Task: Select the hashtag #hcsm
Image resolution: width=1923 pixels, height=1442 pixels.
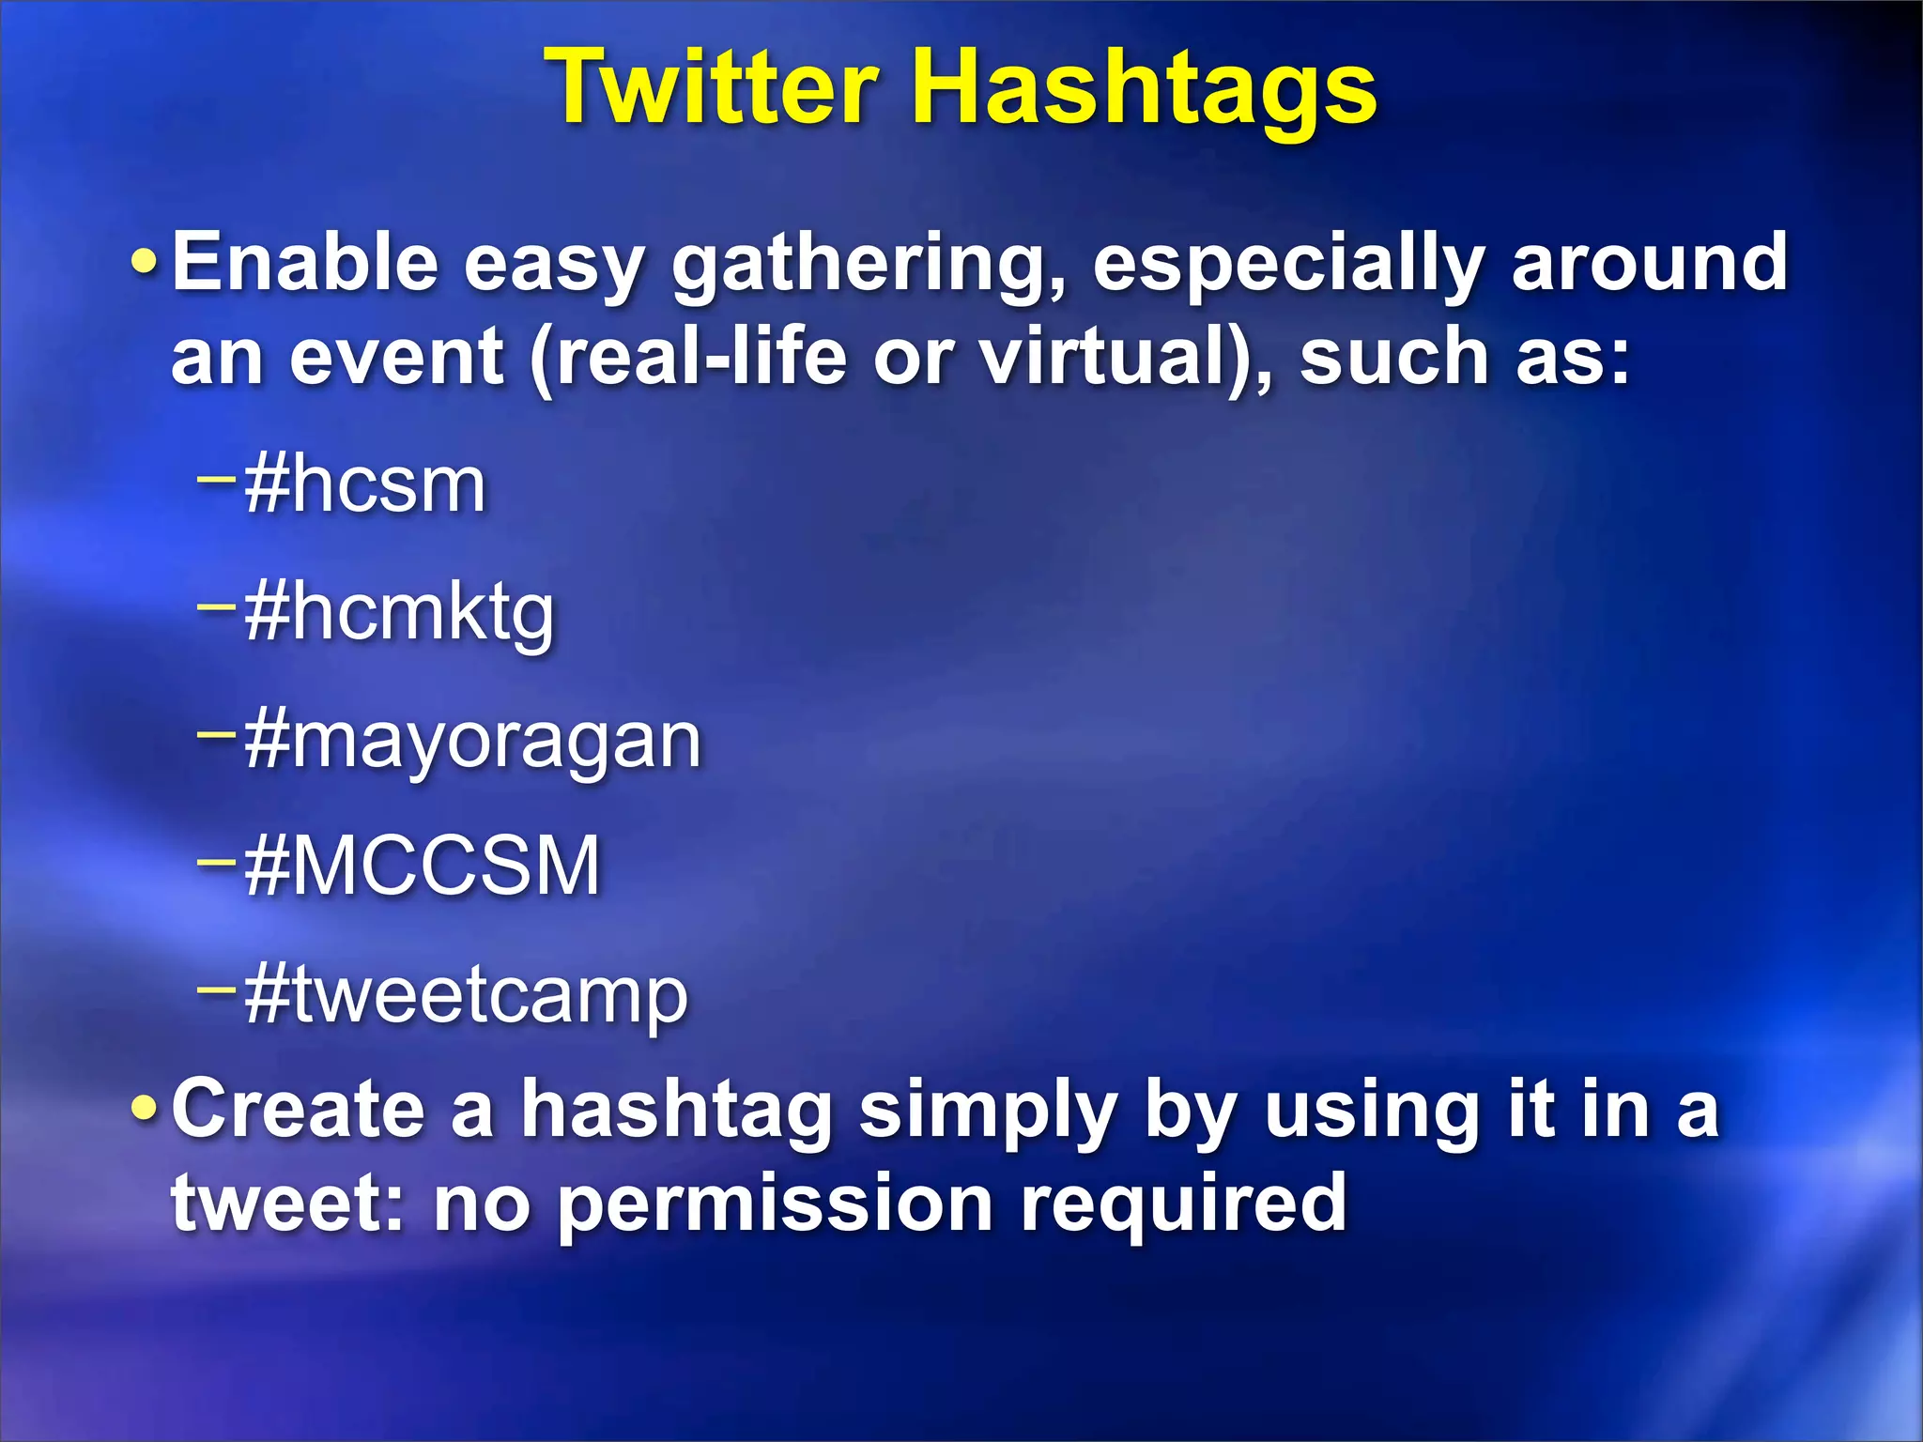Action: pyautogui.click(x=365, y=485)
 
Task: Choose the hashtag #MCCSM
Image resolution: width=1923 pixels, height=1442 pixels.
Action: pyautogui.click(x=422, y=867)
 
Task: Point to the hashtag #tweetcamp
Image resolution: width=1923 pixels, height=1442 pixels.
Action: pyautogui.click(x=466, y=995)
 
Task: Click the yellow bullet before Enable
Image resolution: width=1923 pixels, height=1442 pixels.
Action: pyautogui.click(x=145, y=264)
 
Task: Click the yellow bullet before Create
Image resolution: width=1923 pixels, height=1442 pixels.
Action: pyautogui.click(x=145, y=1110)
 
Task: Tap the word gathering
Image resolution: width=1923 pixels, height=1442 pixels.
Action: pyautogui.click(x=869, y=266)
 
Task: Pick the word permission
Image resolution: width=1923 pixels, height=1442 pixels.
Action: pyautogui.click(x=776, y=1206)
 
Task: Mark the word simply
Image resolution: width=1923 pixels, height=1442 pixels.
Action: pyautogui.click(x=988, y=1112)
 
